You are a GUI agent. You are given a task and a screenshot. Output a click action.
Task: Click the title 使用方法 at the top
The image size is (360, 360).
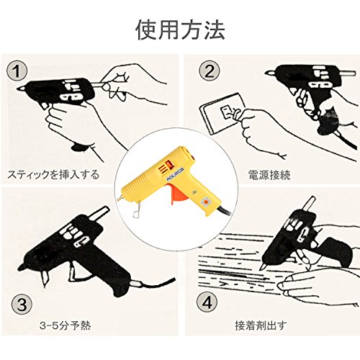pos(180,30)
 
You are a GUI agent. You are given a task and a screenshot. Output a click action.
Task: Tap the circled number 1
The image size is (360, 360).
pos(17,71)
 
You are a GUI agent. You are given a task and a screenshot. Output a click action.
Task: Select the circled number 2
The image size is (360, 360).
pos(210,71)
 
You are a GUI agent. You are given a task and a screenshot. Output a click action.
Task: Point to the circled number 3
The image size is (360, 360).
pos(22,305)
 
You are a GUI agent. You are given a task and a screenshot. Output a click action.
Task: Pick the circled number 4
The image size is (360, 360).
pos(207,302)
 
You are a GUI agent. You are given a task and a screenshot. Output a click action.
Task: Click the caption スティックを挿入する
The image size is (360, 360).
pos(53,174)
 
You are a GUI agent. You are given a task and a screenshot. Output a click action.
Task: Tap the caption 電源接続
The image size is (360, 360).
pos(269,174)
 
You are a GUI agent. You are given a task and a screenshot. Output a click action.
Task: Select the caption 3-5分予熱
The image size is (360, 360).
pos(65,325)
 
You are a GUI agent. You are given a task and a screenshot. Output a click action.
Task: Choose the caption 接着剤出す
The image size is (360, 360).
pos(261,325)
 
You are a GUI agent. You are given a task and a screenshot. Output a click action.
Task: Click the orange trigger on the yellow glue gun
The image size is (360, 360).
pos(177,194)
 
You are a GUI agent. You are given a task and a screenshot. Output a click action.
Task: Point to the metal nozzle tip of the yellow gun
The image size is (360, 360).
pos(120,199)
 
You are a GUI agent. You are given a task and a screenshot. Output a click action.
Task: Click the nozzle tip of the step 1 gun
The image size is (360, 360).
pos(20,88)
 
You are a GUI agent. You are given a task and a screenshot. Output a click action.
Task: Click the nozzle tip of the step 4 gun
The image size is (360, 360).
pos(262,267)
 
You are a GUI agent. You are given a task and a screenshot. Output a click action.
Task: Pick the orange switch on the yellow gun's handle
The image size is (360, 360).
pos(205,201)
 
